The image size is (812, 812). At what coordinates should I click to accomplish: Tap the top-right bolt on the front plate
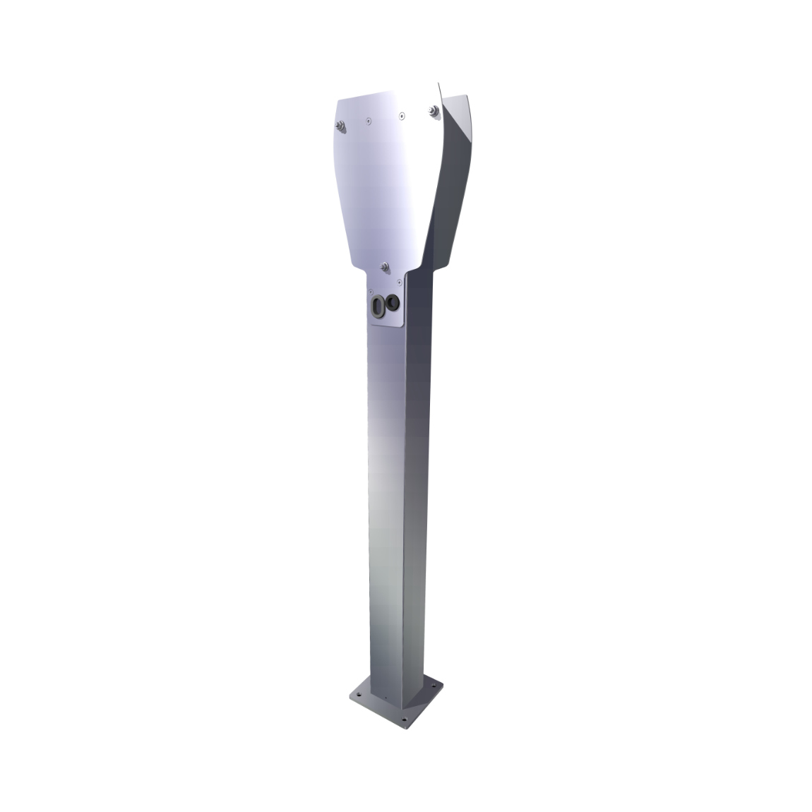(431, 110)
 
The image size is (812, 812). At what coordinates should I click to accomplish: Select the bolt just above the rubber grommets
(385, 266)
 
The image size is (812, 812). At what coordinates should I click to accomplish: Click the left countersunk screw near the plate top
(367, 121)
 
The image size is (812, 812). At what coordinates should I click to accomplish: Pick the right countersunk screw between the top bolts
(401, 114)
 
